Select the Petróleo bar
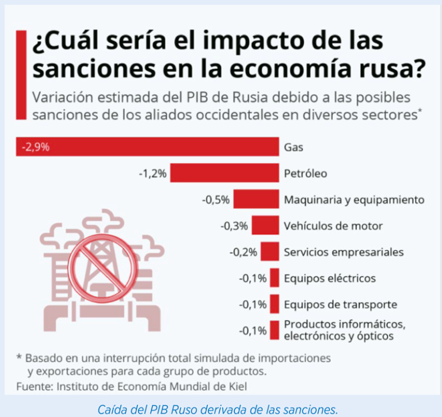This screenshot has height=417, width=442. (224, 173)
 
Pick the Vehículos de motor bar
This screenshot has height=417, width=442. (265, 225)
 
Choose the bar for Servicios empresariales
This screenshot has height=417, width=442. (270, 252)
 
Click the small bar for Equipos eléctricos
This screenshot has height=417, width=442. (275, 278)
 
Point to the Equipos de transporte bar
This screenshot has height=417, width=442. (275, 304)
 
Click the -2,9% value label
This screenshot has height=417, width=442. (36, 147)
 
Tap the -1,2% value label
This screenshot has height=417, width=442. (153, 173)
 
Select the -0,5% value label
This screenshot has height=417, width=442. (216, 200)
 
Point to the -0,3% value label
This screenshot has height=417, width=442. (234, 226)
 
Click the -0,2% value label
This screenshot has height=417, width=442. (243, 252)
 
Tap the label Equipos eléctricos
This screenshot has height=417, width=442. (330, 278)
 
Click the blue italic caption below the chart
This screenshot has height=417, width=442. (218, 410)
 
